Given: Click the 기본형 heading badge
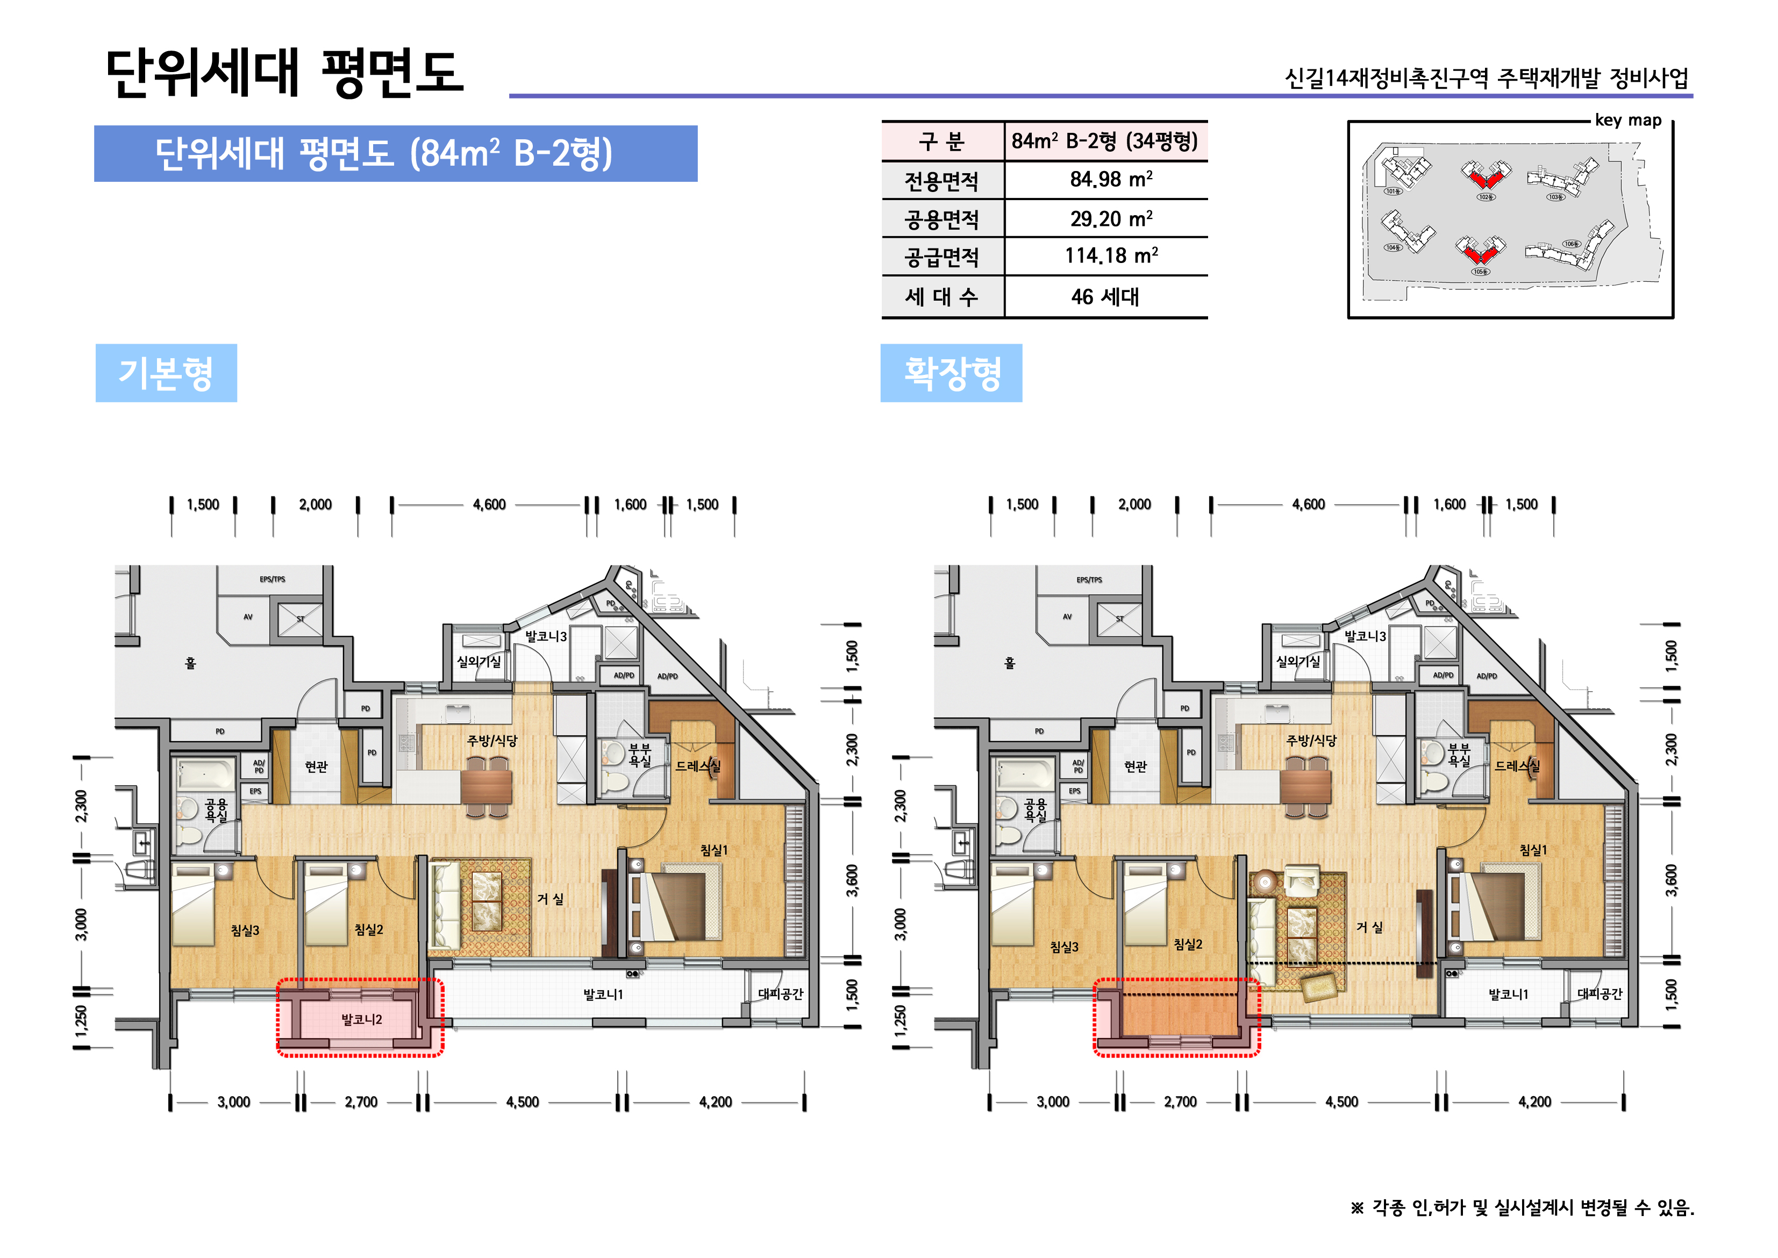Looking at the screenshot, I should click(x=166, y=373).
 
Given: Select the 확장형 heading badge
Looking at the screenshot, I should click(x=951, y=373).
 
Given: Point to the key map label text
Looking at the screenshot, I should click(x=1628, y=120).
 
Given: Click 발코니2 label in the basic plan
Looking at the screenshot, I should click(x=362, y=1019).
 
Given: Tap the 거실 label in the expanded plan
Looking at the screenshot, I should click(x=1370, y=927).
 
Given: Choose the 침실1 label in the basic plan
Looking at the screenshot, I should click(x=714, y=850).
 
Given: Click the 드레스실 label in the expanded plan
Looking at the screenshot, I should click(x=1516, y=766).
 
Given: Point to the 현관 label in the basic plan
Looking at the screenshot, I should click(x=316, y=766).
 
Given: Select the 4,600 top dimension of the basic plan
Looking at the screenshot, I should click(x=489, y=505).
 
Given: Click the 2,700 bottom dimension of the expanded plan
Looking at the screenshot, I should click(x=1180, y=1101).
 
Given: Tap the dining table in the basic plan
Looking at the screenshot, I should click(x=487, y=786).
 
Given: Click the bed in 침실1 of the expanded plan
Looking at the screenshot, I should click(x=1495, y=906).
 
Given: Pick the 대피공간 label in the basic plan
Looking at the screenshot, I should click(x=781, y=994).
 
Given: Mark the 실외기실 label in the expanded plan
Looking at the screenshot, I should click(x=1298, y=662).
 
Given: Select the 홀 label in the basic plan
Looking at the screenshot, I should click(x=190, y=663).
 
